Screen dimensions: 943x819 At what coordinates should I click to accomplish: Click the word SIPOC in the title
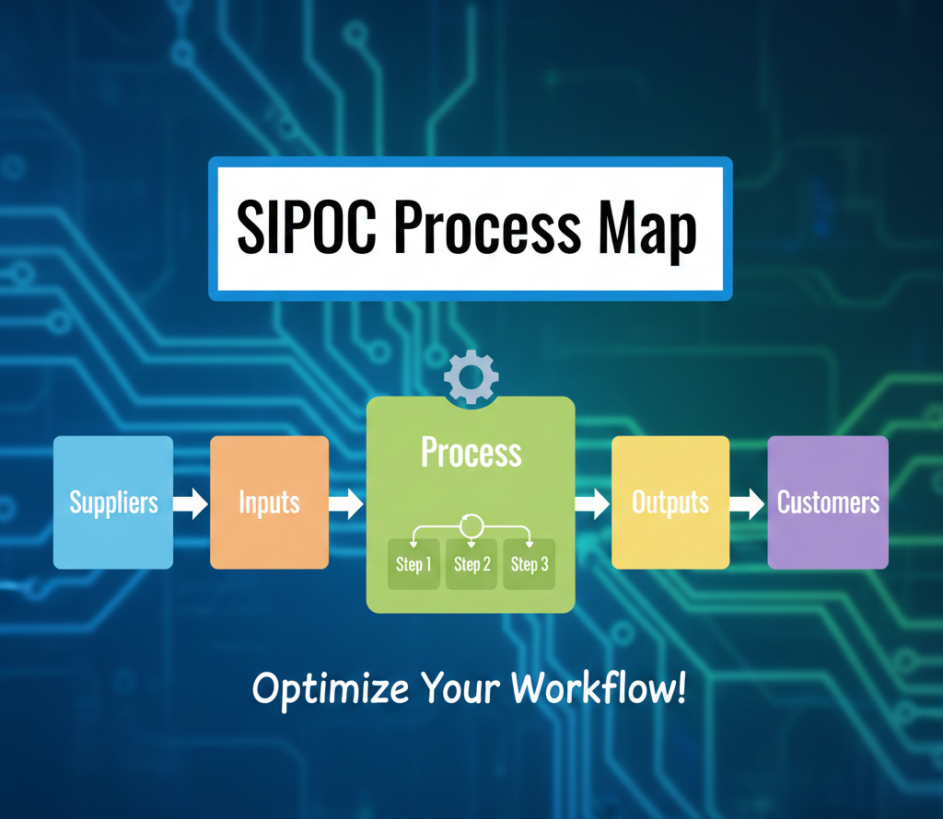click(x=307, y=227)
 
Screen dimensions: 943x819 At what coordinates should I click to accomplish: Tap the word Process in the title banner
click(x=487, y=227)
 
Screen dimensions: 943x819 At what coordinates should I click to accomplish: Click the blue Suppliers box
click(x=113, y=502)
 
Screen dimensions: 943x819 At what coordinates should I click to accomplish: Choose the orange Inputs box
click(x=270, y=502)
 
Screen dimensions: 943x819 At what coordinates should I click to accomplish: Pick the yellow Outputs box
click(x=670, y=502)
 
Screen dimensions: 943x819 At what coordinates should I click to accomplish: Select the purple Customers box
click(x=828, y=502)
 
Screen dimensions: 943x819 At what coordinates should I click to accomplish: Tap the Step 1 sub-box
click(x=413, y=564)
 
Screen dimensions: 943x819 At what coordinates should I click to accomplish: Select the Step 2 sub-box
click(x=471, y=564)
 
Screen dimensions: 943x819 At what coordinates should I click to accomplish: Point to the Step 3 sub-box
click(x=530, y=564)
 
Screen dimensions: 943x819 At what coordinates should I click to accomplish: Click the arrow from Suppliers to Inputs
click(x=191, y=503)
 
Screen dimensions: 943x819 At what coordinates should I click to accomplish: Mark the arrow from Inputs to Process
click(x=346, y=503)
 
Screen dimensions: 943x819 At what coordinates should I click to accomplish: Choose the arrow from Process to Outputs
click(x=592, y=503)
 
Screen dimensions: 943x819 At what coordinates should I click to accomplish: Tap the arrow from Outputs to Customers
click(x=748, y=503)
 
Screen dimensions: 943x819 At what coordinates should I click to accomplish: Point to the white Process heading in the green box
click(x=471, y=452)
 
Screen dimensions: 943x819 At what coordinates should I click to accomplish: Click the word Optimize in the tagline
click(x=331, y=688)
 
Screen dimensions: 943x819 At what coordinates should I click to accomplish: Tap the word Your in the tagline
click(x=460, y=688)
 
